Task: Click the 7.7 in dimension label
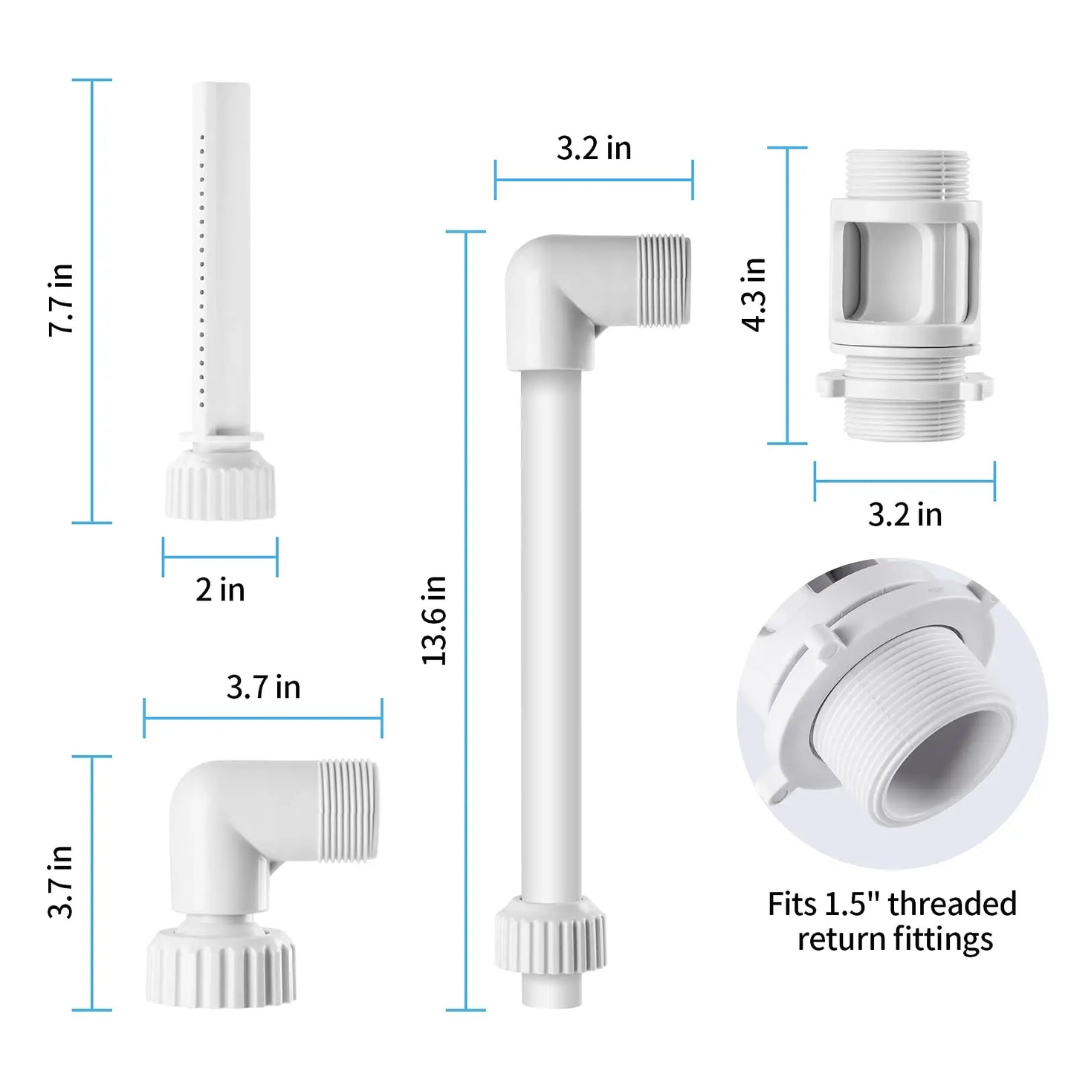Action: [61, 300]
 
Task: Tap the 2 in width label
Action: [220, 590]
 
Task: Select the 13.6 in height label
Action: [435, 620]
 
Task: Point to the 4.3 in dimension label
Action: [754, 295]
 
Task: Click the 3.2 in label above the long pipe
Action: [594, 149]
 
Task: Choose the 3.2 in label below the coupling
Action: [905, 515]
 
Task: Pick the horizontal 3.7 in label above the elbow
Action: [263, 688]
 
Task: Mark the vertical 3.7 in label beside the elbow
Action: [61, 881]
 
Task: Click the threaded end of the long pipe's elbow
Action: [664, 280]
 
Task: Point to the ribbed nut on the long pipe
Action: [550, 935]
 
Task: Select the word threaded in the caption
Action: [952, 905]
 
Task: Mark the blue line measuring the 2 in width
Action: [220, 557]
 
